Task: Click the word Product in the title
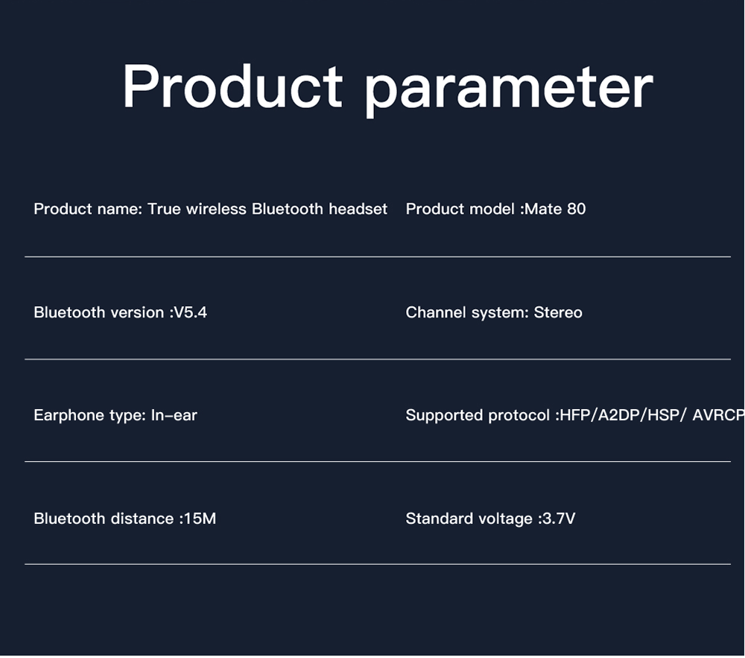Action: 232,87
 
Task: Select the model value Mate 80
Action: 555,209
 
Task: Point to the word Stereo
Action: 558,312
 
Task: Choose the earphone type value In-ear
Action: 174,415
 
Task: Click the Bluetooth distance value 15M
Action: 199,519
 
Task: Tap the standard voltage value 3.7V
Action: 559,519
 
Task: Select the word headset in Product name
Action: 358,209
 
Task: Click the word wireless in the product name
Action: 216,209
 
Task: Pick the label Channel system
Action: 466,312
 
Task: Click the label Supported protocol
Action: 478,415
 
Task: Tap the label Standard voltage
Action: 469,519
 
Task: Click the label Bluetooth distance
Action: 103,519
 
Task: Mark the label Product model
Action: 459,209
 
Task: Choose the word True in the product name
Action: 164,209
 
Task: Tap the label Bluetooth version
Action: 98,312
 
